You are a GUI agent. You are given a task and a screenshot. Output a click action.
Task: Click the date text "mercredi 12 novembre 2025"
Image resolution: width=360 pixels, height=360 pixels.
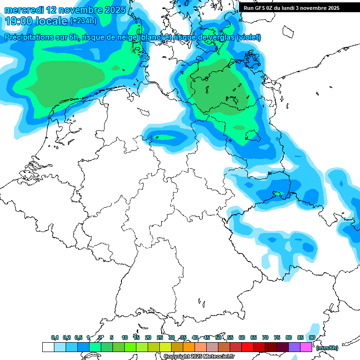[x=65, y=10]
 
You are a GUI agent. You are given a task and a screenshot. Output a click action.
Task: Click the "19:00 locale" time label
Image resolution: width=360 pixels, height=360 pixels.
[x=36, y=21]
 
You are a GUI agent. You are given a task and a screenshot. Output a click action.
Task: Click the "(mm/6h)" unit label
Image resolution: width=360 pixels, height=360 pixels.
[x=327, y=348]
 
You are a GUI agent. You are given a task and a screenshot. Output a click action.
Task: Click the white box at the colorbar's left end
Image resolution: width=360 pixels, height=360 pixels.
[x=48, y=347]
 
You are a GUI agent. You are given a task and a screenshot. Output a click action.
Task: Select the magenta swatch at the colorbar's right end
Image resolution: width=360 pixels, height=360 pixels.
[x=306, y=347]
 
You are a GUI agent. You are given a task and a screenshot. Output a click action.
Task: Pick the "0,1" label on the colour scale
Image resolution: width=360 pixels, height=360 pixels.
[x=55, y=337]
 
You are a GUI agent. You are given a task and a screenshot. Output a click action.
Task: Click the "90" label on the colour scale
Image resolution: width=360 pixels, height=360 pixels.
[x=312, y=337]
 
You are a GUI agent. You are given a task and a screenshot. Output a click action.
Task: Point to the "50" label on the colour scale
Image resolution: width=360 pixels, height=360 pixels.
[x=218, y=337]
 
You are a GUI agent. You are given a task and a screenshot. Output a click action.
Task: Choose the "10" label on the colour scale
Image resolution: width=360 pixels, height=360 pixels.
[x=125, y=337]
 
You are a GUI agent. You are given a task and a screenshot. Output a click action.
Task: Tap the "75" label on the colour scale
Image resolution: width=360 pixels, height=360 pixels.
[x=277, y=337]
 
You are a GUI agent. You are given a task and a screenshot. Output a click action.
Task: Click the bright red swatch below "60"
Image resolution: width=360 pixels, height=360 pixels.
[x=247, y=347]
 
